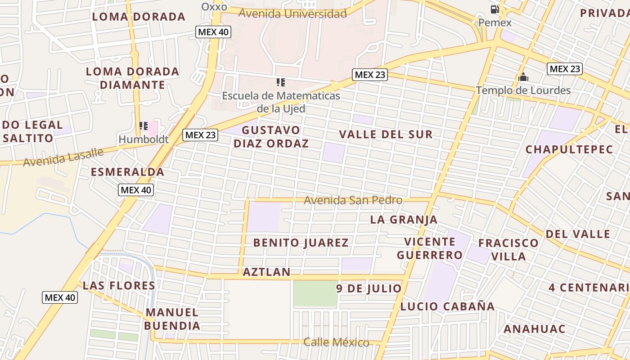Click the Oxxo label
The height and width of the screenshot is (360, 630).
(x=214, y=6)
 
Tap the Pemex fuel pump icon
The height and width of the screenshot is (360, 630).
(x=495, y=9)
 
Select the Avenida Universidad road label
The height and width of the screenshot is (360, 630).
(x=292, y=13)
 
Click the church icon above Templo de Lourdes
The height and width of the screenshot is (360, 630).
(x=523, y=77)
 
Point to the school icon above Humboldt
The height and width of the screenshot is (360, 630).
(x=144, y=126)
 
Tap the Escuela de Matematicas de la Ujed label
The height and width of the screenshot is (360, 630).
(x=281, y=102)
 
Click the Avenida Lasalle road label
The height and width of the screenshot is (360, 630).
(x=63, y=157)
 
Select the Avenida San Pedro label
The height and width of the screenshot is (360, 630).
(x=353, y=200)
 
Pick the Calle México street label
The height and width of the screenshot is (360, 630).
(x=336, y=342)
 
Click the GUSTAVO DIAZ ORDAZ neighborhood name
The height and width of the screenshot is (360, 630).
(x=271, y=137)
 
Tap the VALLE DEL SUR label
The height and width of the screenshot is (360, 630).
(x=386, y=134)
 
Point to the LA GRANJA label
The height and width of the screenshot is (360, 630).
(x=404, y=220)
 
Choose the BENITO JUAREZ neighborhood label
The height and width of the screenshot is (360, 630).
(x=301, y=243)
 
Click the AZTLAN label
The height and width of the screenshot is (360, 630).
(x=266, y=272)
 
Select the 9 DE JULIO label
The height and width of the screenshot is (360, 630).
(x=369, y=288)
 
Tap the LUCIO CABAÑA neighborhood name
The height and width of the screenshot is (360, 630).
(x=447, y=306)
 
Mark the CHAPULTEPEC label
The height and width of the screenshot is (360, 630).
(x=569, y=149)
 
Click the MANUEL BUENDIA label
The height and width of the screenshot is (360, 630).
(x=172, y=319)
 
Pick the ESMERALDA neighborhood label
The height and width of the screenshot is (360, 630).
(x=127, y=172)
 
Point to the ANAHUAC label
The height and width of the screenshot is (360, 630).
(x=534, y=329)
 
